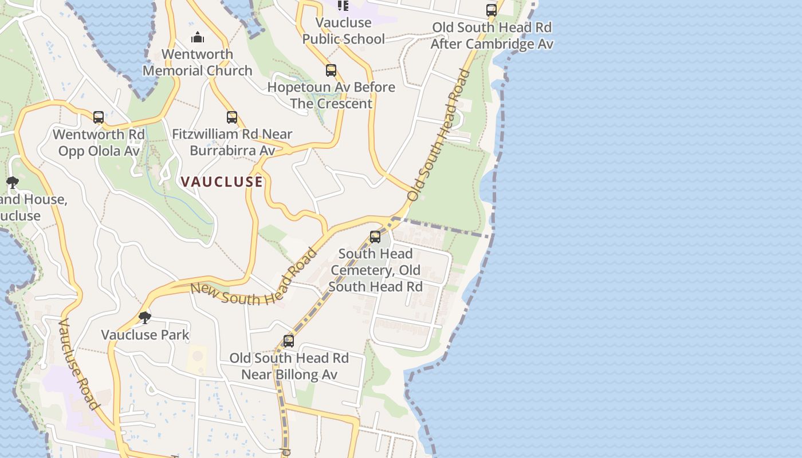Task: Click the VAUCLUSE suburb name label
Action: point(222,182)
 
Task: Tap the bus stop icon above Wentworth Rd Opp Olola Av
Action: point(99,117)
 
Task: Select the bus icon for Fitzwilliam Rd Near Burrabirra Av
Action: point(232,117)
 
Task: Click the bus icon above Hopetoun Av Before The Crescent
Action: point(331,70)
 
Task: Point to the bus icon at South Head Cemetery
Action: point(375,236)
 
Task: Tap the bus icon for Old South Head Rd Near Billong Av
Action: point(289,341)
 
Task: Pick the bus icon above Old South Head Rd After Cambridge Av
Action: point(492,10)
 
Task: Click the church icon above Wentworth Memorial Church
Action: point(198,38)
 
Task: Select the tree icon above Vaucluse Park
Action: point(145,317)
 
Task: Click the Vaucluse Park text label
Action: point(145,335)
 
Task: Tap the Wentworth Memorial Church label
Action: point(198,62)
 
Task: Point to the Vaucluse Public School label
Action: point(344,31)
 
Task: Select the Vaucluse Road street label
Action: point(80,364)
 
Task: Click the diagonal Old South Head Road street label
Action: point(439,135)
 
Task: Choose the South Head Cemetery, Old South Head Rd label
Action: point(375,270)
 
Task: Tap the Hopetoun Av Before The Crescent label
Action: point(331,96)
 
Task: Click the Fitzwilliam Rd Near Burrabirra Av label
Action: point(232,143)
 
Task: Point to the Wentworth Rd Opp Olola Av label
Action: point(99,143)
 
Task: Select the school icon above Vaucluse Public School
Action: point(343,6)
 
